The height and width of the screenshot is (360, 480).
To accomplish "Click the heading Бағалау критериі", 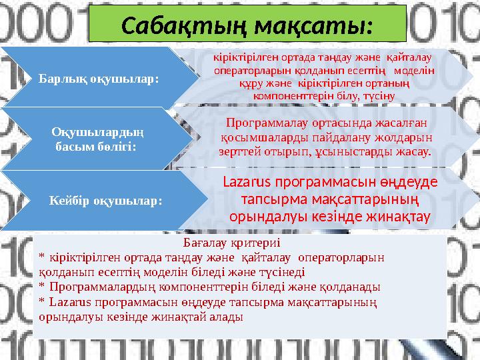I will [x=231, y=243].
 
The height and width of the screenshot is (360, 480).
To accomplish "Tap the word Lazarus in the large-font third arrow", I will [x=245, y=181].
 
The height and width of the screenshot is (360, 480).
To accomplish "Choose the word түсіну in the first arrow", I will [x=380, y=96].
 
